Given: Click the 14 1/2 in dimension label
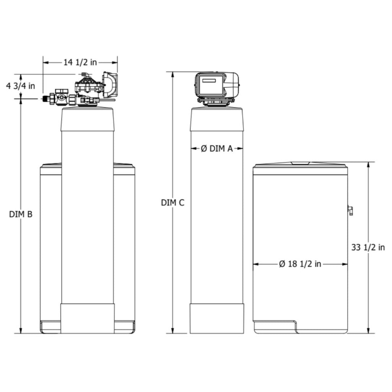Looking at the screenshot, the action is pyautogui.click(x=80, y=62).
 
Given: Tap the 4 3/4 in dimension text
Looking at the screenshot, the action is pyautogui.click(x=21, y=86).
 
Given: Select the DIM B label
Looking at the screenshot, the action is pyautogui.click(x=21, y=214).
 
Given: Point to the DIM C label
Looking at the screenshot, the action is pyautogui.click(x=173, y=203).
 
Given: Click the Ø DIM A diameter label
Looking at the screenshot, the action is pyautogui.click(x=217, y=149).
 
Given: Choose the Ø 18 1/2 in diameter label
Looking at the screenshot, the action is pyautogui.click(x=300, y=264).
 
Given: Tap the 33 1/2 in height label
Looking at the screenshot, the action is pyautogui.click(x=368, y=248).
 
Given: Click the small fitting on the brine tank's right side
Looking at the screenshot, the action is pyautogui.click(x=350, y=210).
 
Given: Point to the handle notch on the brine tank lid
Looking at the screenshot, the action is pyautogui.click(x=301, y=163).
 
